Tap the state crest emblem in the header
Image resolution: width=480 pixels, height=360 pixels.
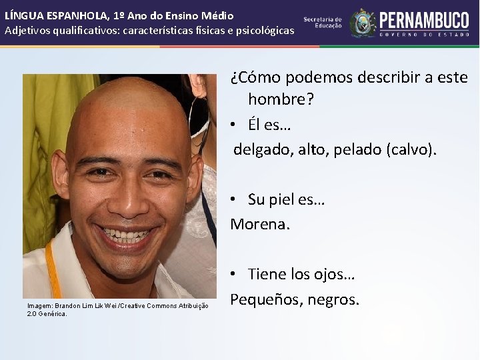click(x=363, y=23)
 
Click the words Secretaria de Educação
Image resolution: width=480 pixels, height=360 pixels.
click(x=323, y=23)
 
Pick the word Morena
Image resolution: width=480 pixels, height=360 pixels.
click(x=260, y=224)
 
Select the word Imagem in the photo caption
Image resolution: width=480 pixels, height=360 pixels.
click(x=40, y=306)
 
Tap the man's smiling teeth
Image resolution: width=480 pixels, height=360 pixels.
click(x=126, y=235)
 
